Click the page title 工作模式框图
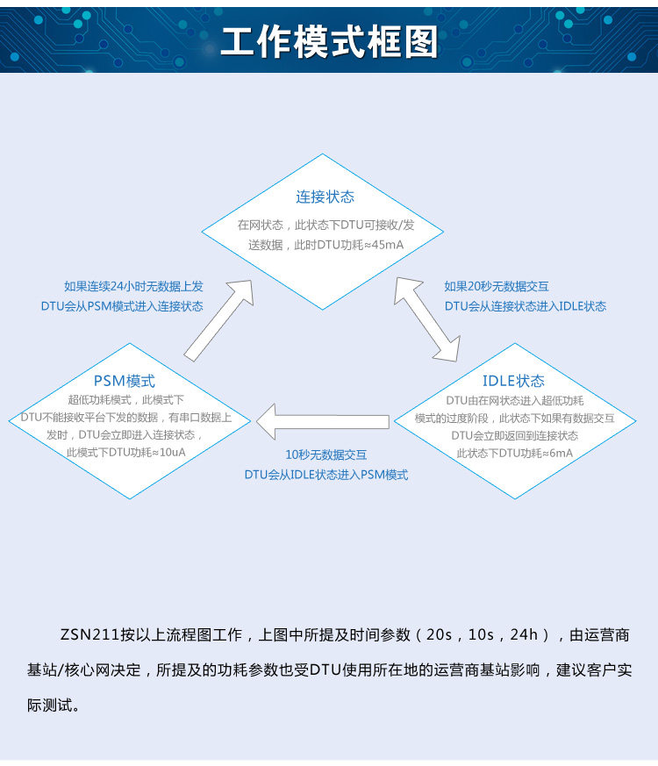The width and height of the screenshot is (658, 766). coord(328,41)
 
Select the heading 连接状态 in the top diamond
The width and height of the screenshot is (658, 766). coord(325,197)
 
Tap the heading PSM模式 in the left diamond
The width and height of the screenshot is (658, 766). coord(124,381)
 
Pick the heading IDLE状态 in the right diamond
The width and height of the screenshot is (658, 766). coord(513,381)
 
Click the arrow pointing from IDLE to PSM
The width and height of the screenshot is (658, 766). coord(329,422)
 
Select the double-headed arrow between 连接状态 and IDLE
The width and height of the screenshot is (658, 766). coord(427,319)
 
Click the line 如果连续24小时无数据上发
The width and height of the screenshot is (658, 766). coord(133,286)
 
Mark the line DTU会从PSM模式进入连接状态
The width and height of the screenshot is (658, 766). coord(122,306)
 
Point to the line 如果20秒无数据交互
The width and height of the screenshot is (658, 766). coord(497,286)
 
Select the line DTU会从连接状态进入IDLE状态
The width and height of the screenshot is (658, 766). coord(525,306)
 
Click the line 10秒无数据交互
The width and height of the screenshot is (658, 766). coord(325,455)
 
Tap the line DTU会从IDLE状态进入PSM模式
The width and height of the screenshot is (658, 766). coord(325,475)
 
